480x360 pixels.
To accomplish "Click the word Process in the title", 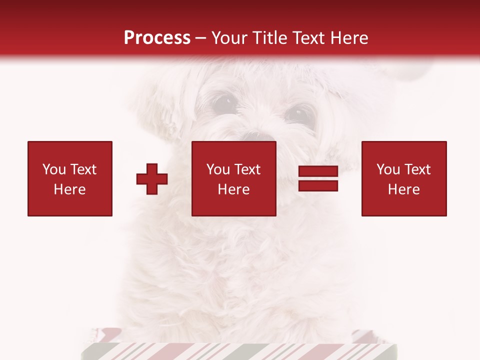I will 157,38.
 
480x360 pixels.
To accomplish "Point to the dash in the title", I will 200,38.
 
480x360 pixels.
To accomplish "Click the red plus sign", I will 152,179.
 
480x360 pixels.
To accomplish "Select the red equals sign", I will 318,179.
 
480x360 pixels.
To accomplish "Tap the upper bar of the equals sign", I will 318,172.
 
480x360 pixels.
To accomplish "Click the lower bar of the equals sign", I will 318,186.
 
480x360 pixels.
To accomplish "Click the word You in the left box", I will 53,169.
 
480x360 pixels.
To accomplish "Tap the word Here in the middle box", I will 233,189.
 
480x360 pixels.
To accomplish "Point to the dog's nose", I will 259,136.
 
